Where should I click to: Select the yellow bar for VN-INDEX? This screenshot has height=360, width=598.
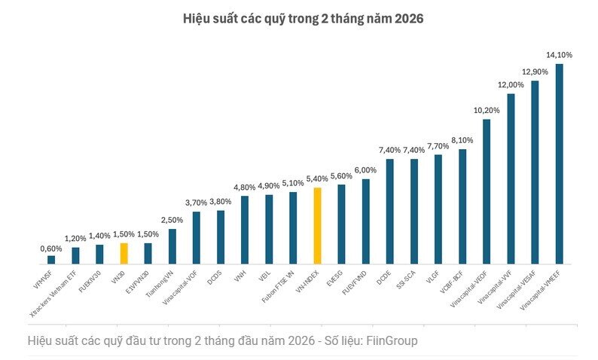point(317,225)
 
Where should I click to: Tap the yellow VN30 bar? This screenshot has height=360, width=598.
point(124,253)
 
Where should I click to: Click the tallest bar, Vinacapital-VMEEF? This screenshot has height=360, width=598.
point(559,163)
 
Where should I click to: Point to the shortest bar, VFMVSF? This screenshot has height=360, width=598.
point(51,260)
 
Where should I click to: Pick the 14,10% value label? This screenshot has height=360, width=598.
point(559,54)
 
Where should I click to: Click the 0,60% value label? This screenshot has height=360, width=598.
point(51,248)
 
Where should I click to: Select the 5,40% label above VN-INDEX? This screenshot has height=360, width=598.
point(317,178)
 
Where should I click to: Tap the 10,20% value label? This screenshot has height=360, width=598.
point(486,110)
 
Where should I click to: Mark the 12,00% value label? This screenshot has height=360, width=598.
point(511,84)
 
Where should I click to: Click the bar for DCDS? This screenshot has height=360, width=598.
point(221,236)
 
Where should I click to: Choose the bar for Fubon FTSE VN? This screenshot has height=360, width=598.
point(293,227)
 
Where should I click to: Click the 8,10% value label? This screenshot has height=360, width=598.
point(462,140)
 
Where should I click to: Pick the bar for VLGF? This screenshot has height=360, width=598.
point(438,209)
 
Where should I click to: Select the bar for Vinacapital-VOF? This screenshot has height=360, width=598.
point(196,237)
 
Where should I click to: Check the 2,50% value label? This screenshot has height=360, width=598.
point(172,220)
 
